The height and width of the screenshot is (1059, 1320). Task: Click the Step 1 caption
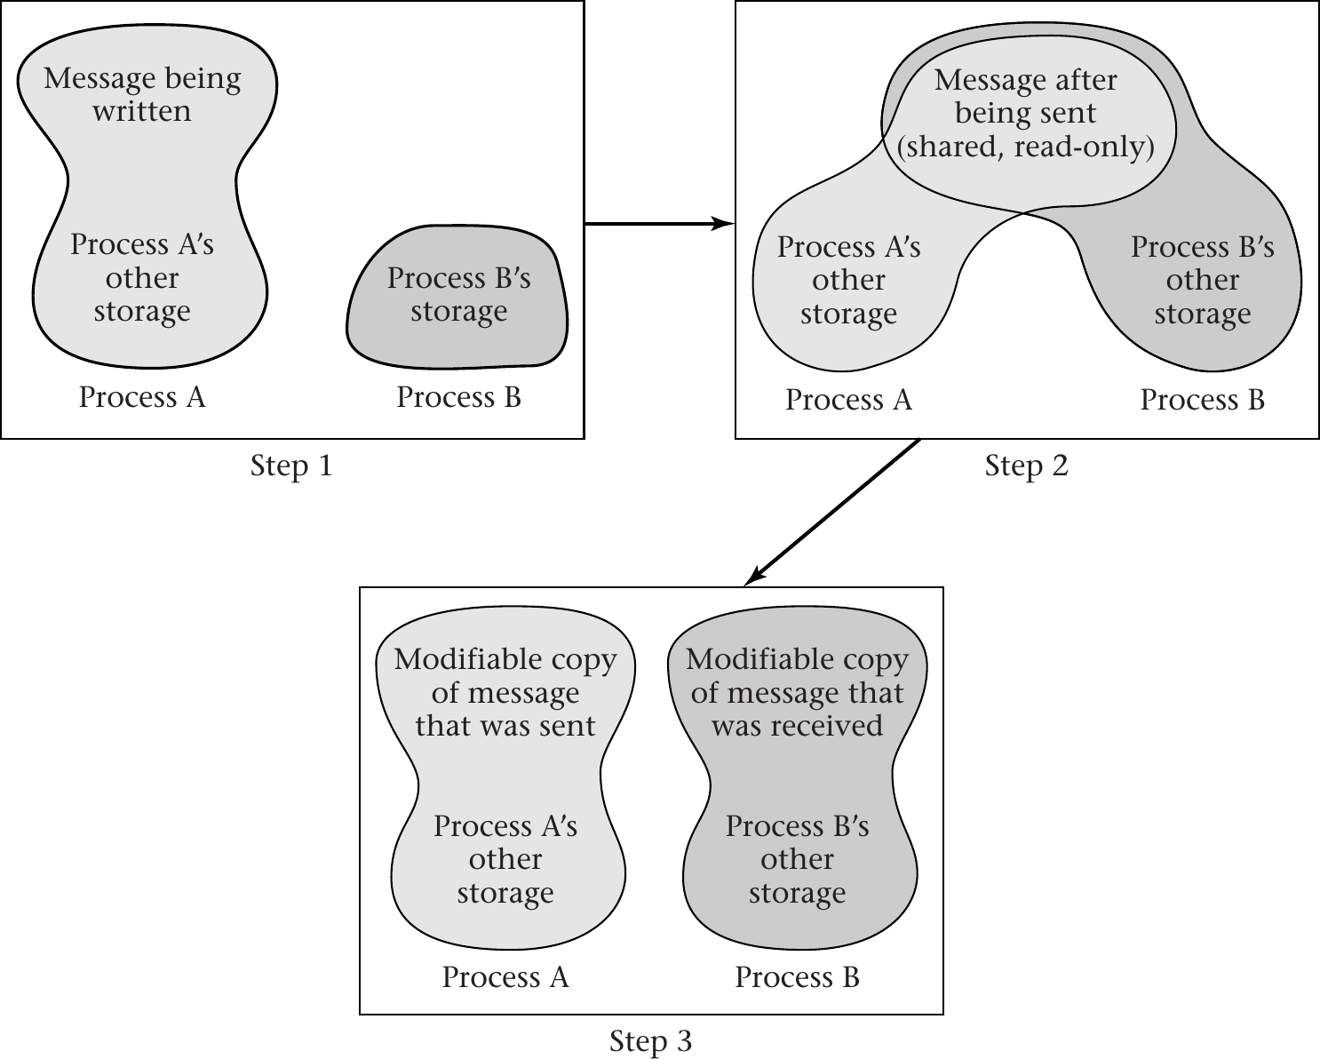(x=291, y=466)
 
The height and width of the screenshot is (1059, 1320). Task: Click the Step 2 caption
(x=1026, y=466)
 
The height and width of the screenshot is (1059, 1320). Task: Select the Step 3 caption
(x=650, y=1041)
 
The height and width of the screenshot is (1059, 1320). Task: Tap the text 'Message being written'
(x=142, y=94)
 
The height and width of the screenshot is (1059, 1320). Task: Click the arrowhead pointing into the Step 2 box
(x=725, y=224)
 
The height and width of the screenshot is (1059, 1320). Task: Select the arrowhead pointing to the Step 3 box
(x=753, y=577)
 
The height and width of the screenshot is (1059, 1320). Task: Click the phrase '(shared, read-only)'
(x=1026, y=147)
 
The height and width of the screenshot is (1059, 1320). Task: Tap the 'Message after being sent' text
(x=1026, y=96)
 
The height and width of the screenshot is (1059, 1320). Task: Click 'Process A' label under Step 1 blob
(x=142, y=397)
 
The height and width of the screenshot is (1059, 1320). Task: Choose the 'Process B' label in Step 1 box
(x=458, y=397)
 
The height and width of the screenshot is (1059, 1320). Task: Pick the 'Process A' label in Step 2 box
(x=848, y=400)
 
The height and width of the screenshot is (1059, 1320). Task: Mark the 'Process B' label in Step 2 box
(x=1202, y=400)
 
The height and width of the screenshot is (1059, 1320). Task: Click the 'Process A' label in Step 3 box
(x=505, y=977)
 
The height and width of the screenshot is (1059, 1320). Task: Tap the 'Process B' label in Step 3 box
(x=797, y=977)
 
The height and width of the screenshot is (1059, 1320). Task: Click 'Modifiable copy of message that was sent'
(x=505, y=692)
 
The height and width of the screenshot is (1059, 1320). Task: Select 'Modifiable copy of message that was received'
(x=797, y=692)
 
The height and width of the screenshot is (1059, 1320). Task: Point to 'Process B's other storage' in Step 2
(x=1202, y=280)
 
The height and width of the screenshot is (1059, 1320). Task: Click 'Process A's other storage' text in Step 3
(x=505, y=859)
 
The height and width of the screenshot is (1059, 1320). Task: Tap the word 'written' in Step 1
(x=142, y=111)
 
